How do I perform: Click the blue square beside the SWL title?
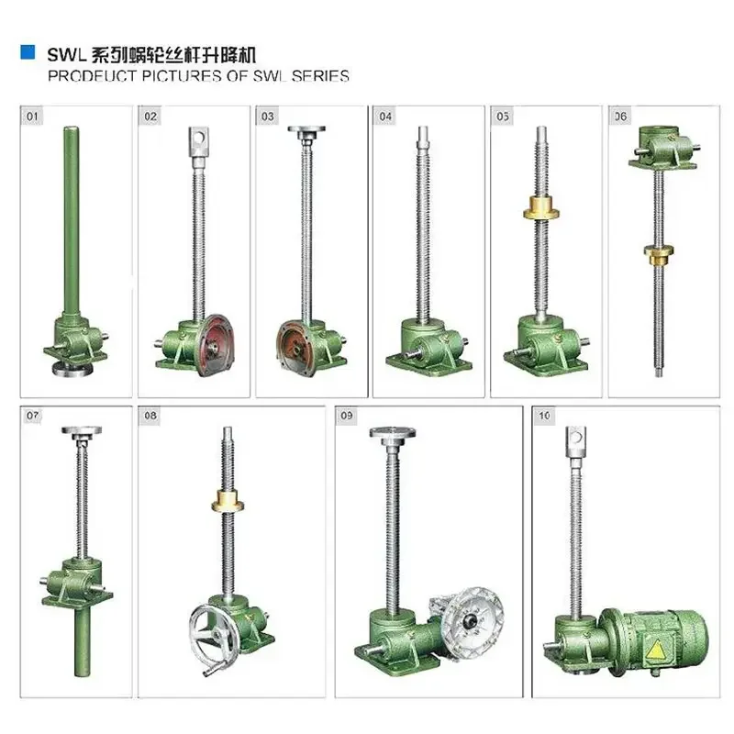tap(28, 54)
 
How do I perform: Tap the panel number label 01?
tap(34, 117)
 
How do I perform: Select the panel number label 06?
tap(621, 117)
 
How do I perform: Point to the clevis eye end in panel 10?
tap(574, 439)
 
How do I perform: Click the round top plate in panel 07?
tap(76, 430)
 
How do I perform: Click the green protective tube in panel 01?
tap(69, 220)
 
